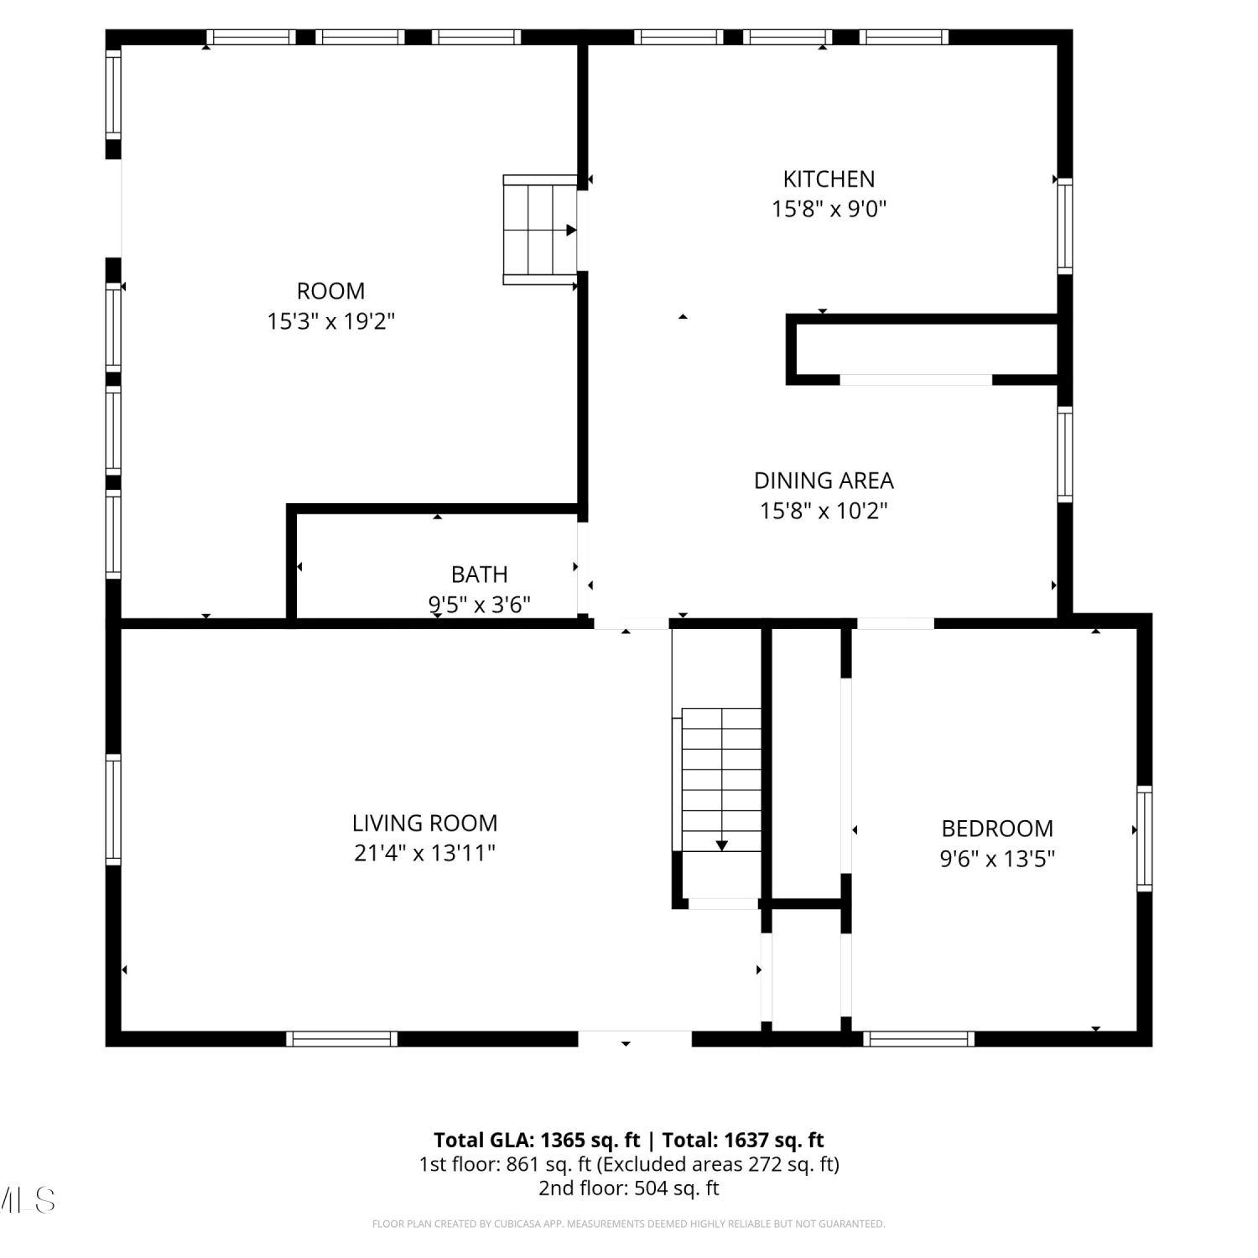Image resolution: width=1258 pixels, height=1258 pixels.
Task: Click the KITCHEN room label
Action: pyautogui.click(x=829, y=179)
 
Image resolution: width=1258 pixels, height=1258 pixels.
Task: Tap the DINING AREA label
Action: pyautogui.click(x=824, y=481)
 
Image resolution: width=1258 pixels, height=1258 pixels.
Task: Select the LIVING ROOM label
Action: pyautogui.click(x=424, y=823)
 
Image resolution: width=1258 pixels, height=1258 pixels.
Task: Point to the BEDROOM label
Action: pyautogui.click(x=997, y=829)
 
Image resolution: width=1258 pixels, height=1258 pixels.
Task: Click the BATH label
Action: pyautogui.click(x=479, y=574)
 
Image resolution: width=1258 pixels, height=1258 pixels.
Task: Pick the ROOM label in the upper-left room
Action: pyautogui.click(x=330, y=291)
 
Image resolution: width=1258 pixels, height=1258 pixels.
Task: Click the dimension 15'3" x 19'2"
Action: pyautogui.click(x=330, y=321)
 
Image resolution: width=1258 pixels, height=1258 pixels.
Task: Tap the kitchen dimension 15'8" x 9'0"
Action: pyautogui.click(x=829, y=209)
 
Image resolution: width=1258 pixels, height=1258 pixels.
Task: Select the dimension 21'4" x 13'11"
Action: pyautogui.click(x=424, y=853)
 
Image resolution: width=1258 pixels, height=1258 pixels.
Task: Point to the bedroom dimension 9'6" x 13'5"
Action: pyautogui.click(x=997, y=859)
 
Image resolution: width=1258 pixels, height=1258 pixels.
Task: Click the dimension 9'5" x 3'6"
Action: pyautogui.click(x=479, y=605)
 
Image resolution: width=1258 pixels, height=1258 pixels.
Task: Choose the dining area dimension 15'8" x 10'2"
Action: pyautogui.click(x=824, y=511)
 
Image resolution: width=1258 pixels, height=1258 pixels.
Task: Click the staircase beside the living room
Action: pyautogui.click(x=721, y=780)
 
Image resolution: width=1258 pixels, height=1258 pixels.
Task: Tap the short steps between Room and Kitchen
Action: pyautogui.click(x=540, y=230)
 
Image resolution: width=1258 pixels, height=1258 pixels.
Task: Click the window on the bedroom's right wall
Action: pyautogui.click(x=1144, y=838)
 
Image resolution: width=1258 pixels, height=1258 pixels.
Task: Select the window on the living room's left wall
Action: pyautogui.click(x=113, y=809)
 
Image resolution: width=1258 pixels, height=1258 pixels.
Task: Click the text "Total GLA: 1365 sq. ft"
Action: pyautogui.click(x=537, y=1141)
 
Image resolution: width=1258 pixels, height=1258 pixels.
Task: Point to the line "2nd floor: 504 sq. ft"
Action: pyautogui.click(x=629, y=1188)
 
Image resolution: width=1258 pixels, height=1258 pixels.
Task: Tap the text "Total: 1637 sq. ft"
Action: pyautogui.click(x=743, y=1141)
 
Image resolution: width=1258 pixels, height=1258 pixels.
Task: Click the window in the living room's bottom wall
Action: pyautogui.click(x=341, y=1039)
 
